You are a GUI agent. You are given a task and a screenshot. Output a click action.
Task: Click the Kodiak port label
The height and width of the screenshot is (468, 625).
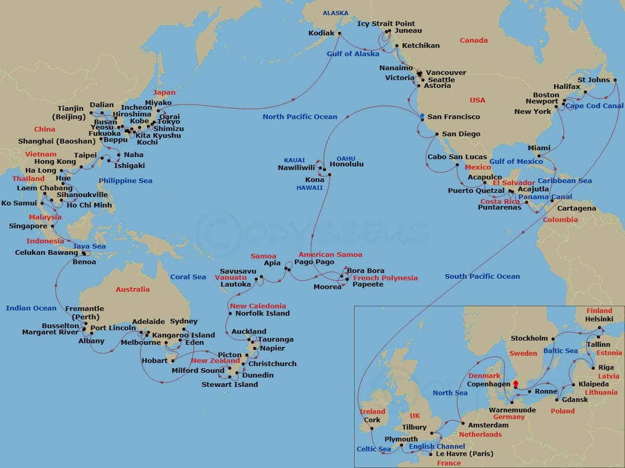(x=321, y=33)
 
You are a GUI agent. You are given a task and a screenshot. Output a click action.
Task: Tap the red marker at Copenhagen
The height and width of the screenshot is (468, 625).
(x=515, y=384)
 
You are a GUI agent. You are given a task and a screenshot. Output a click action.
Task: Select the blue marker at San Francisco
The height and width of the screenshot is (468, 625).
(x=422, y=116)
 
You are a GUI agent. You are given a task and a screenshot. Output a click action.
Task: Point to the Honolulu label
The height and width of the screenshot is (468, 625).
(x=347, y=164)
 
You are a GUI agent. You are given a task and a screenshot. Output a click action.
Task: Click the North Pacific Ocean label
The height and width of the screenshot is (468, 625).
(x=299, y=116)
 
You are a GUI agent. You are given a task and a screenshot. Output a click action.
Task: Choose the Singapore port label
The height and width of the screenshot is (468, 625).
(x=28, y=226)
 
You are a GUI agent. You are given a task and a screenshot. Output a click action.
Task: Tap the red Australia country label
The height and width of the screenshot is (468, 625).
(x=132, y=289)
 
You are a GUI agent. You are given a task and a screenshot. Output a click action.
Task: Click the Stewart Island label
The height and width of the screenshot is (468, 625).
(x=230, y=384)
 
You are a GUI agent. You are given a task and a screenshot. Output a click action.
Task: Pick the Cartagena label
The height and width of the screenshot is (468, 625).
(x=577, y=209)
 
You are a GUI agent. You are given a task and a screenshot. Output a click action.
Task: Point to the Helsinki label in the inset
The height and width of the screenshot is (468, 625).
(x=599, y=319)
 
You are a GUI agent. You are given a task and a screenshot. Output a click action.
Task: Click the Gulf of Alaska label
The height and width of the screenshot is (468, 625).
(x=353, y=54)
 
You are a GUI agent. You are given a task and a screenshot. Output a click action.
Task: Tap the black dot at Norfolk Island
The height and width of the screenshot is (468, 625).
(x=230, y=314)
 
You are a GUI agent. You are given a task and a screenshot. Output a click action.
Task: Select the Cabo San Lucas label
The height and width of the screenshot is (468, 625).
(x=457, y=157)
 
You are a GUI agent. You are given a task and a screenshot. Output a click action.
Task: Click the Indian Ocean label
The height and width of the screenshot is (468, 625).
(x=31, y=308)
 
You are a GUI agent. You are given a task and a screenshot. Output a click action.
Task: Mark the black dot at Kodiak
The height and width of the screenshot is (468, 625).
(x=340, y=33)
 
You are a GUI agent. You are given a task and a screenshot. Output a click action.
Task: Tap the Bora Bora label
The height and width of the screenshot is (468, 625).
(x=366, y=271)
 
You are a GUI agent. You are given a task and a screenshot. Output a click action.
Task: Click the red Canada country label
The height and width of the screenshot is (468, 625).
(x=473, y=40)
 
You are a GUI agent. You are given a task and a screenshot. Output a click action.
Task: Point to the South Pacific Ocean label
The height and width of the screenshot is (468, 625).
(x=482, y=276)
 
